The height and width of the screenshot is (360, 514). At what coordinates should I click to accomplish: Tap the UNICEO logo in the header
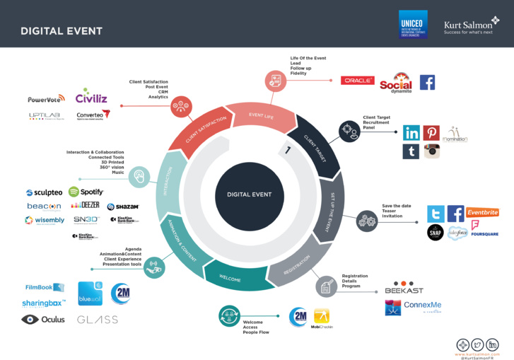pyautogui.click(x=413, y=24)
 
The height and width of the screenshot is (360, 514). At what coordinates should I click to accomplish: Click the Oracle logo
pyautogui.click(x=357, y=81)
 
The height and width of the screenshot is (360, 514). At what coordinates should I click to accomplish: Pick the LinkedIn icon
pyautogui.click(x=411, y=132)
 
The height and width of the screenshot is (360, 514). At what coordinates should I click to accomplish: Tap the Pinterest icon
pyautogui.click(x=431, y=132)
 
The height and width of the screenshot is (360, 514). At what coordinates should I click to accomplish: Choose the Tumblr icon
pyautogui.click(x=411, y=151)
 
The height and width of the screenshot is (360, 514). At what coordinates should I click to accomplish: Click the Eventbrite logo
pyautogui.click(x=482, y=212)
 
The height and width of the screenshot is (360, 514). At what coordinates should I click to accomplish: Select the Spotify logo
pyautogui.click(x=86, y=192)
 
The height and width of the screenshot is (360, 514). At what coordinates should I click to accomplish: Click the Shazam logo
pyautogui.click(x=123, y=207)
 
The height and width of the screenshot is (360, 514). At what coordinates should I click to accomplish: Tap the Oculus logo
pyautogui.click(x=43, y=319)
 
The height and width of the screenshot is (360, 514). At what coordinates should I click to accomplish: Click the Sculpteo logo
pyautogui.click(x=44, y=192)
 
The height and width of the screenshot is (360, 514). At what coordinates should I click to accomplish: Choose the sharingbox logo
pyautogui.click(x=43, y=303)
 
